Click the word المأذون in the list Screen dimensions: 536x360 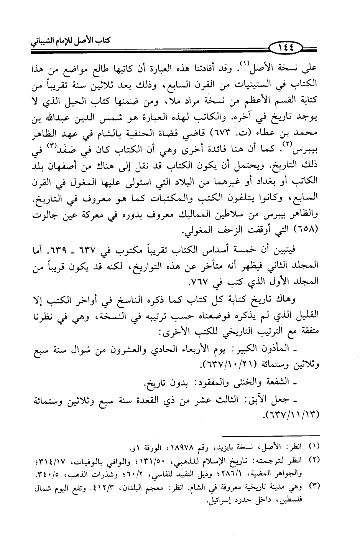point(296,348)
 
